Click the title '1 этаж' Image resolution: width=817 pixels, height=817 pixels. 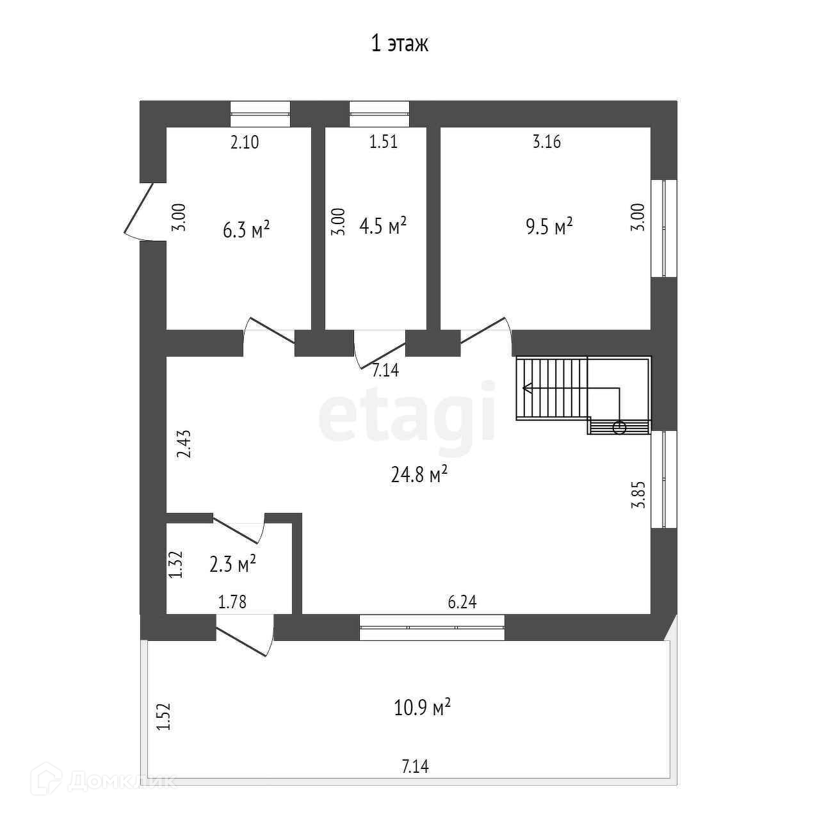point(400,44)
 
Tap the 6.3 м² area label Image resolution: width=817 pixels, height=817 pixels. point(246,229)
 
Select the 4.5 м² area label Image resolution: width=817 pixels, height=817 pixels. point(383,226)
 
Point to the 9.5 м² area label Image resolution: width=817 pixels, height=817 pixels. point(549,227)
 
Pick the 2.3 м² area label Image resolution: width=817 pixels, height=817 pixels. point(233,564)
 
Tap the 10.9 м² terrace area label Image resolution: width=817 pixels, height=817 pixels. point(422,708)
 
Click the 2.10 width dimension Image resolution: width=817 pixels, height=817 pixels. point(245,142)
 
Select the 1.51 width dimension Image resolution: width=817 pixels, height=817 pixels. point(384,142)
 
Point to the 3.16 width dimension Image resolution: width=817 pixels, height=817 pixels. point(547,142)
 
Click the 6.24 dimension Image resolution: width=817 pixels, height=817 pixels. point(462,602)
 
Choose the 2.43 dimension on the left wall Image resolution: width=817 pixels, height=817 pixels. point(184,444)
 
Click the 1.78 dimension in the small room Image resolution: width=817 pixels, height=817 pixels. point(232,602)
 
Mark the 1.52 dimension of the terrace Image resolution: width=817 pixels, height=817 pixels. point(164,717)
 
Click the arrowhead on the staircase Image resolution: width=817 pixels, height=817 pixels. point(527,388)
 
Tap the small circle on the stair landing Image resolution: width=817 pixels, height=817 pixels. point(619,428)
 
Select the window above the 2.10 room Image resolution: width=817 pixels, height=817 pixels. point(260,114)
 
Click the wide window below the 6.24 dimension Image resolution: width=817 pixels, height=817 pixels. point(432,627)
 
